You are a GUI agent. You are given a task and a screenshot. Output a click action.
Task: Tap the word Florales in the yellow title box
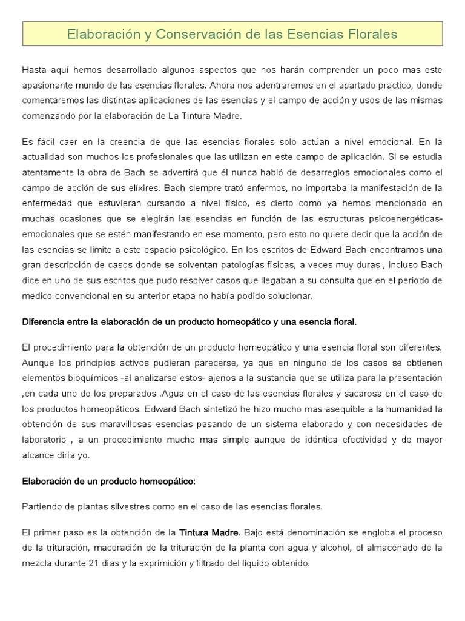point(369,34)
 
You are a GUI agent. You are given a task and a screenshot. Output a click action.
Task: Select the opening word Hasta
point(35,70)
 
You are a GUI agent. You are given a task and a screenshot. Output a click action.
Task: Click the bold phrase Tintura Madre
point(209,532)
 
